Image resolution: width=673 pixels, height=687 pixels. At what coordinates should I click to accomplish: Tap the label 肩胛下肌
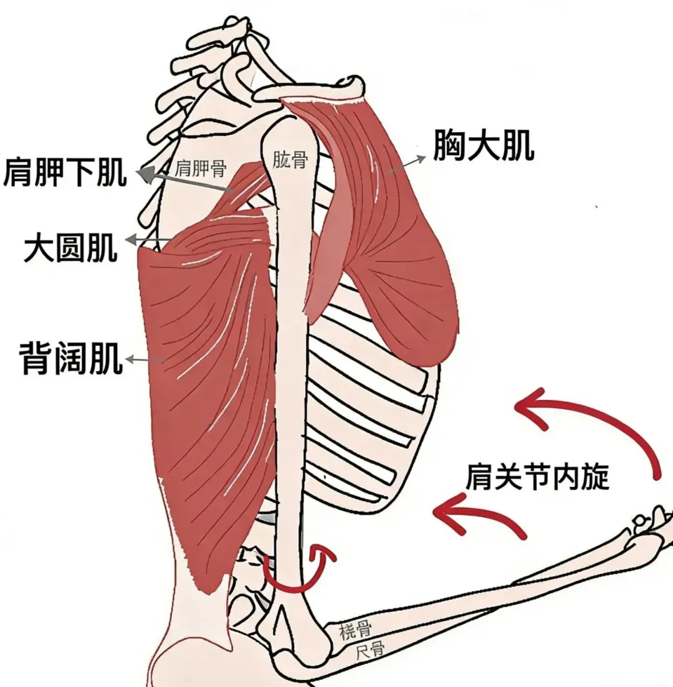pyautogui.click(x=65, y=172)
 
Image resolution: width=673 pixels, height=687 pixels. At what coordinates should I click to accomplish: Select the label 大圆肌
pyautogui.click(x=70, y=247)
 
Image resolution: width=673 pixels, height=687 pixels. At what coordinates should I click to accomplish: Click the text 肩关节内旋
pyautogui.click(x=537, y=478)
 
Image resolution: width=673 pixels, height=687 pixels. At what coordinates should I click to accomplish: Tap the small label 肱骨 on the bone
pyautogui.click(x=290, y=160)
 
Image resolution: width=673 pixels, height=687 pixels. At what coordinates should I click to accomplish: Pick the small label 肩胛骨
pyautogui.click(x=201, y=168)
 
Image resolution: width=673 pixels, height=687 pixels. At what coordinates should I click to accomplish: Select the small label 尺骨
pyautogui.click(x=370, y=651)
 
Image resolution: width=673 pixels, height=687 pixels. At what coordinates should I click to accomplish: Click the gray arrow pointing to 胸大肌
pyautogui.click(x=408, y=163)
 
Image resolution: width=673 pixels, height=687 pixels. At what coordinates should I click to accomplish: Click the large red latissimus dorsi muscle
pyautogui.click(x=206, y=386)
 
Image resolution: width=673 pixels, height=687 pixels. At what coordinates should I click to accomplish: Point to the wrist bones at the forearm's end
pyautogui.click(x=651, y=523)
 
